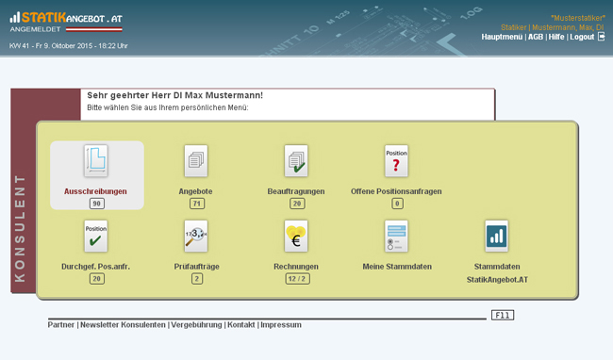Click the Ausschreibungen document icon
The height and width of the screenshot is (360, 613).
(x=96, y=161)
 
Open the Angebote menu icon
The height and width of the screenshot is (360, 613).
(x=196, y=161)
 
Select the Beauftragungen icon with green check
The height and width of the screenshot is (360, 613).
(x=296, y=161)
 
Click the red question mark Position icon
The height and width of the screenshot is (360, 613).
(x=396, y=161)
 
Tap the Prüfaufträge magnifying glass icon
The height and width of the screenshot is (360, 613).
(x=196, y=237)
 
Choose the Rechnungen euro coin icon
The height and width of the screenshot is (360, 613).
(x=296, y=237)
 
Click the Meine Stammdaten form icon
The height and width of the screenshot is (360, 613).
(x=396, y=237)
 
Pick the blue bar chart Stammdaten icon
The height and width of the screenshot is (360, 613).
(x=496, y=237)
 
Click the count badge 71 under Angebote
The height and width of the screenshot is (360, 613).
(x=197, y=204)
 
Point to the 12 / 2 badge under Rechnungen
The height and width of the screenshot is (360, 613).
(x=297, y=279)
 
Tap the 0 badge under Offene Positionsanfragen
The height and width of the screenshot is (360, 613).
(x=397, y=204)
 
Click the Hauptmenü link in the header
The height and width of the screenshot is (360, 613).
(x=502, y=37)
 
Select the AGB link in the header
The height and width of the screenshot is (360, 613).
(x=536, y=37)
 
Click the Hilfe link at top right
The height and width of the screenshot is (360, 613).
(x=555, y=37)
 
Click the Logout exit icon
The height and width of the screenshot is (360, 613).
(x=602, y=37)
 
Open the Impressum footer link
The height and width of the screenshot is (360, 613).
(x=281, y=325)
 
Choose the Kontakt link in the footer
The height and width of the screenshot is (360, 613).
(x=240, y=325)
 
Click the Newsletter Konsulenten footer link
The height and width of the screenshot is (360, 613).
(x=123, y=325)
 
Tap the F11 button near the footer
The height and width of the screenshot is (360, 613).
(x=503, y=315)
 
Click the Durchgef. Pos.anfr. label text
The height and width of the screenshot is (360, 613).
(x=95, y=267)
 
